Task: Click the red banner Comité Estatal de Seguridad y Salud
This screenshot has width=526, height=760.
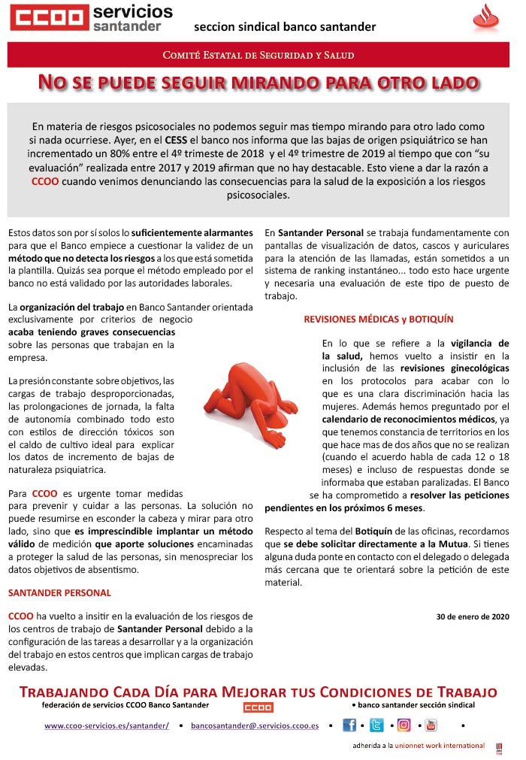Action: [258, 55]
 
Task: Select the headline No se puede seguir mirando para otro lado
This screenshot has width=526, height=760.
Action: [258, 82]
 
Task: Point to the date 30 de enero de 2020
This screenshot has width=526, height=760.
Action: [473, 616]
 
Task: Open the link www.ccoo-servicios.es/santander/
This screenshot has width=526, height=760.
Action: [107, 725]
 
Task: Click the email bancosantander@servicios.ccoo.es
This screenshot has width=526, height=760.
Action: [255, 725]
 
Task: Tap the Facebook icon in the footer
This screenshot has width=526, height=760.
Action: [349, 725]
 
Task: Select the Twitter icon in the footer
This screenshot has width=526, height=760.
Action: [376, 725]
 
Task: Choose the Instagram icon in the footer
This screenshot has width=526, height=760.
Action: [404, 725]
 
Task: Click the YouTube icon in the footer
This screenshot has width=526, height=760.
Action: [431, 725]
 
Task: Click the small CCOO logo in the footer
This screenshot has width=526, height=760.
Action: [258, 707]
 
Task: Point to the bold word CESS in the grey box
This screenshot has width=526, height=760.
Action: [198, 141]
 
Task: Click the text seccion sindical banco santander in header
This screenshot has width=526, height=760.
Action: [285, 27]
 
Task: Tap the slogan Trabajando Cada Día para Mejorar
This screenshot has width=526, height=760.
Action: [258, 692]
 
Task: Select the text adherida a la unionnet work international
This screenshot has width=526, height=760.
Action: [419, 746]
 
